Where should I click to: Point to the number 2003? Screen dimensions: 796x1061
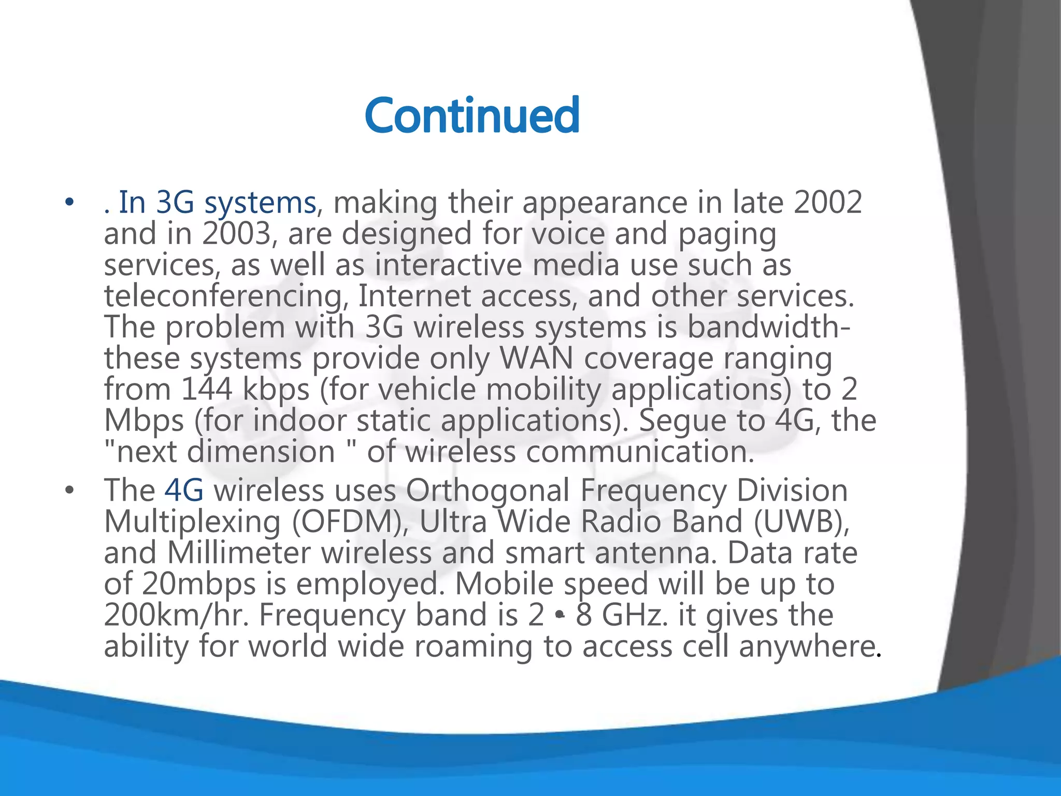(237, 234)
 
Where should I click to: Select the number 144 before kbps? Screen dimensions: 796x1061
(207, 390)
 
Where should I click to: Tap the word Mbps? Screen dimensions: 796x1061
(144, 421)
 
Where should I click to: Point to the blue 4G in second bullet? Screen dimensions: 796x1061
(184, 490)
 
